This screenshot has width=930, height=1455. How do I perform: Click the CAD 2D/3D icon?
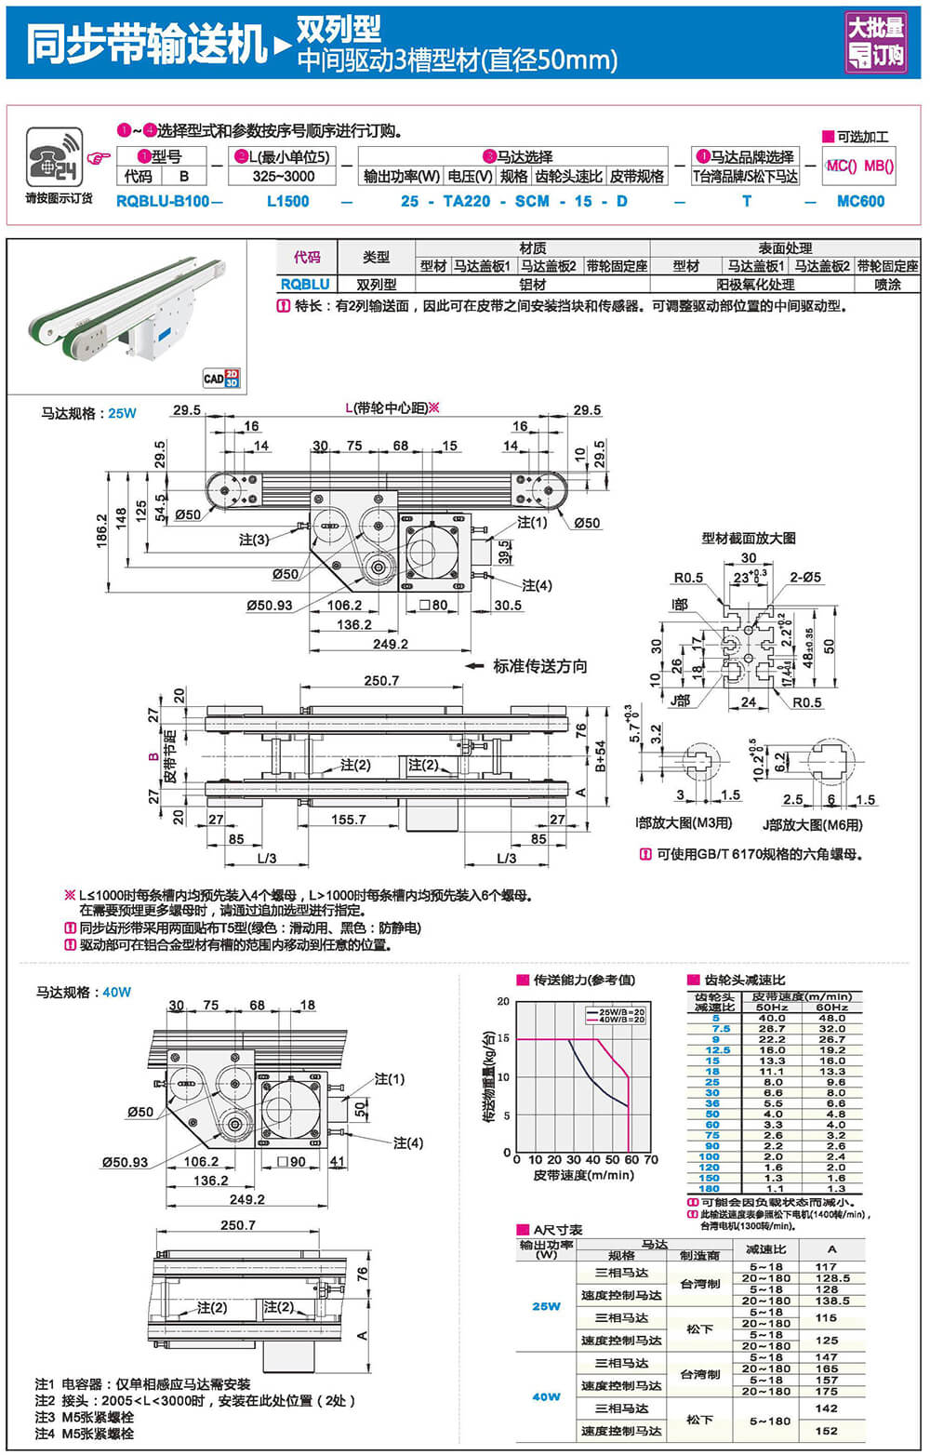tap(220, 378)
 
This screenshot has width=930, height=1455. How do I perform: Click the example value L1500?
tap(287, 201)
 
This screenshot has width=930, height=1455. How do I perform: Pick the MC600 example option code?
tap(860, 201)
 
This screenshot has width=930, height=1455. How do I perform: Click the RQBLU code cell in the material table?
tap(305, 285)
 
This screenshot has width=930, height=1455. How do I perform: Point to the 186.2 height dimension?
tap(102, 530)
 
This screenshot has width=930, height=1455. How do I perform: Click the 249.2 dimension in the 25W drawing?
tap(390, 644)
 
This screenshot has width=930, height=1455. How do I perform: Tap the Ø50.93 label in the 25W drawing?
tap(270, 606)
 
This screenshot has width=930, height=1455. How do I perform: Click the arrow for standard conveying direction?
tap(475, 666)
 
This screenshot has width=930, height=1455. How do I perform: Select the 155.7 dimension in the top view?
tap(349, 820)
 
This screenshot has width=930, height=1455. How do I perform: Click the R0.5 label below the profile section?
tap(806, 702)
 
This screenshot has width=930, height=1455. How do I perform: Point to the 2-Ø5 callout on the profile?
tap(805, 578)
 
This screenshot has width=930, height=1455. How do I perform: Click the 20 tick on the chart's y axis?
tap(503, 1002)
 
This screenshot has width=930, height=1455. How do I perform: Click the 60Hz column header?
tap(831, 1008)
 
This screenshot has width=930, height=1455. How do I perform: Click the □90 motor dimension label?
tap(292, 1161)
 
